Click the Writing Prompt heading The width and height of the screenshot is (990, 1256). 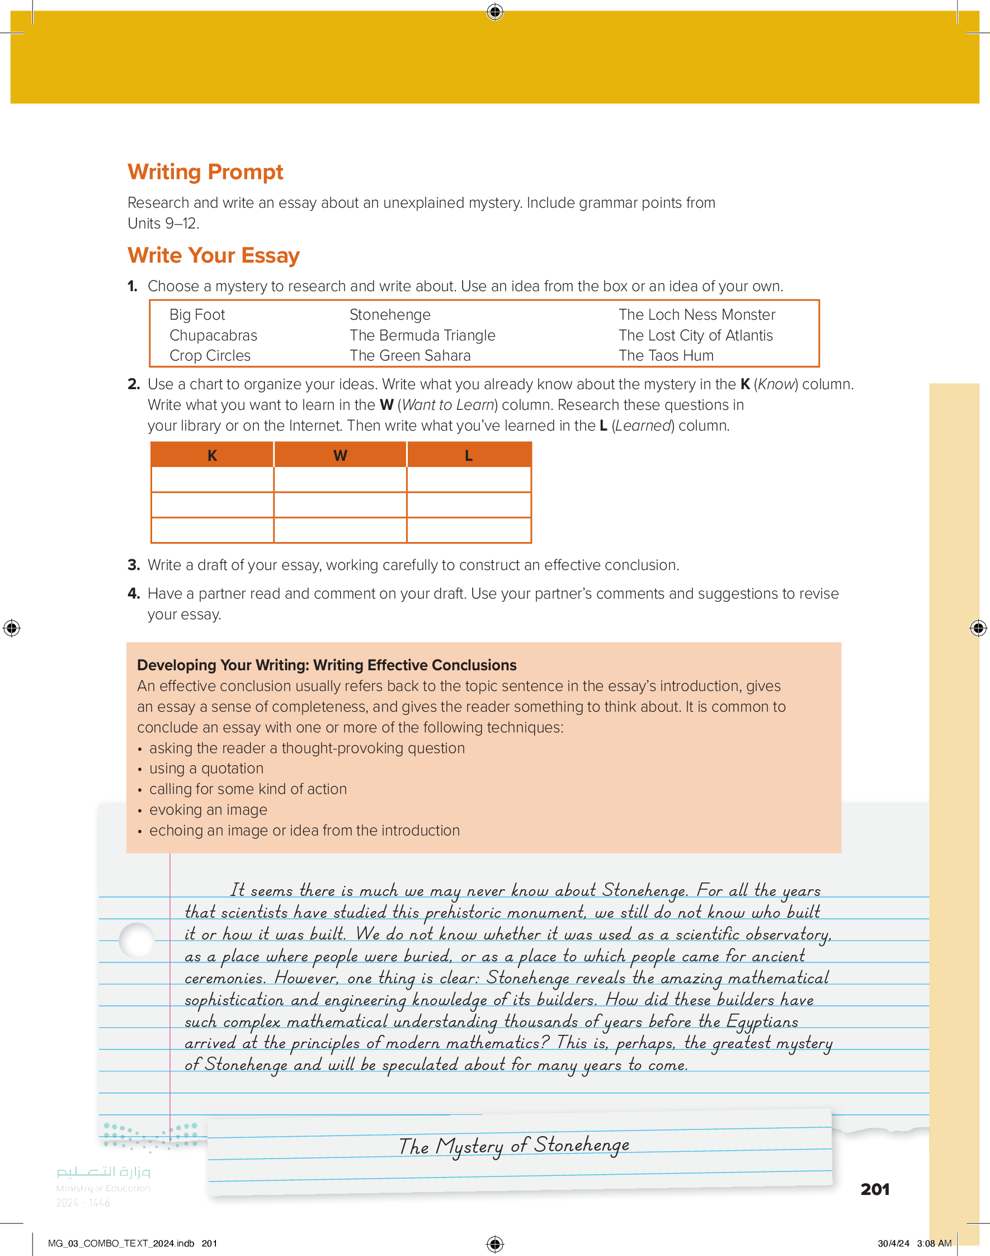pos(205,172)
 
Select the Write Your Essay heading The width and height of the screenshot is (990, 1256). pos(213,256)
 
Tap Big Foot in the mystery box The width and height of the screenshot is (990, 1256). pos(197,315)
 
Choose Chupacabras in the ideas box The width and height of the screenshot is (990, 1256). pos(213,336)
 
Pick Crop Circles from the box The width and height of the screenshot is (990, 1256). pos(210,356)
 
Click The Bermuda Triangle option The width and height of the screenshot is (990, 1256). pos(422,336)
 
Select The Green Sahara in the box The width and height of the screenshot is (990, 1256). pos(410,356)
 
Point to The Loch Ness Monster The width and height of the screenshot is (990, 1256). pos(696,315)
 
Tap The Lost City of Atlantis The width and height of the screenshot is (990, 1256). pos(695,336)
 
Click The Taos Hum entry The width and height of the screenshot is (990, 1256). pos(666,356)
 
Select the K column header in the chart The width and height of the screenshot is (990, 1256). pos(212,455)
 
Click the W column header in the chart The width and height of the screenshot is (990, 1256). pos(340,455)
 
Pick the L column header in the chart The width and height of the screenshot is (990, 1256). pos(469,455)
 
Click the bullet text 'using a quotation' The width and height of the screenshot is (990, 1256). pos(206,769)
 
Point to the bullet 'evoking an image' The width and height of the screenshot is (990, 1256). pos(208,810)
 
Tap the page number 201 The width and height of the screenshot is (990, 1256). pos(875,1189)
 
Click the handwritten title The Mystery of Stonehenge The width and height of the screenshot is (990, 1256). pos(513,1146)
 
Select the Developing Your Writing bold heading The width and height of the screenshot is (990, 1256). pos(326,665)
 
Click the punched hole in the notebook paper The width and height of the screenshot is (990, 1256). pos(137,940)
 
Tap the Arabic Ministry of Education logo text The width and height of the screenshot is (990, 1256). pos(103,1172)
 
